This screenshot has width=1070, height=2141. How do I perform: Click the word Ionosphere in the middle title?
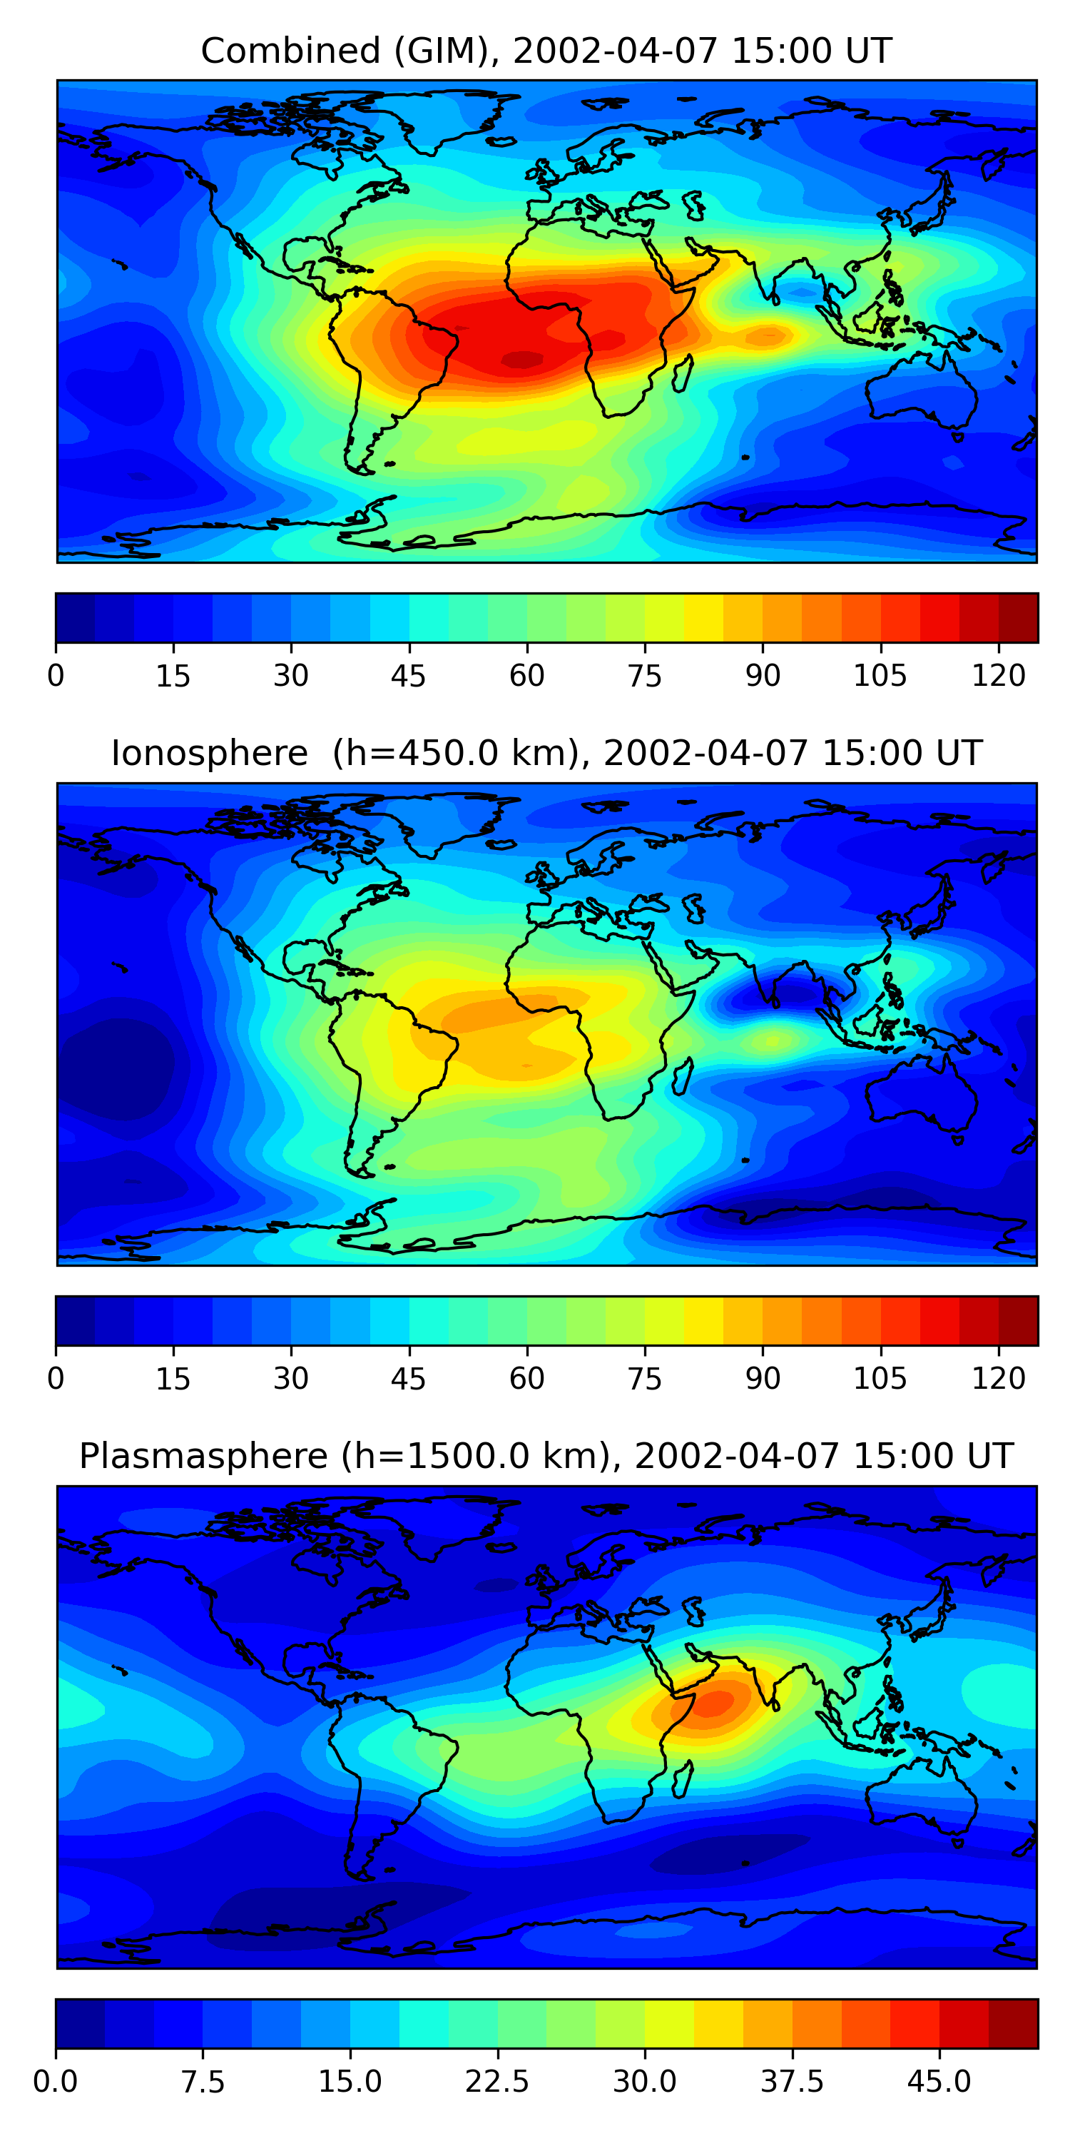tap(209, 754)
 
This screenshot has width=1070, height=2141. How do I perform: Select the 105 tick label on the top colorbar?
tap(880, 676)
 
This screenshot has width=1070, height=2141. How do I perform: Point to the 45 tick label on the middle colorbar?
tap(408, 1378)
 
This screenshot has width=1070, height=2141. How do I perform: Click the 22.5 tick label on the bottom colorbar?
tap(496, 2081)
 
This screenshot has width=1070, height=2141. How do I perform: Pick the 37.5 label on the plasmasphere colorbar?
tap(792, 2081)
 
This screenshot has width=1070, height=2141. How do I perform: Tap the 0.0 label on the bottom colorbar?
tap(56, 2081)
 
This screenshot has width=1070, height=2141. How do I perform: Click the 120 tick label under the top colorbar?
tap(998, 676)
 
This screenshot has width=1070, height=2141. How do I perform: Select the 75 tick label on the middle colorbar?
tap(645, 1378)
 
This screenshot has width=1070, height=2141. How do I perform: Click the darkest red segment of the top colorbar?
tap(1018, 617)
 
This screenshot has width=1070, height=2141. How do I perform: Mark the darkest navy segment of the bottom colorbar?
tap(80, 2023)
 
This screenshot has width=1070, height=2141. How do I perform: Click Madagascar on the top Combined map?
tap(682, 374)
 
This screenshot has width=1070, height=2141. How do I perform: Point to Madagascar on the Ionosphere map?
tap(682, 1076)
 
